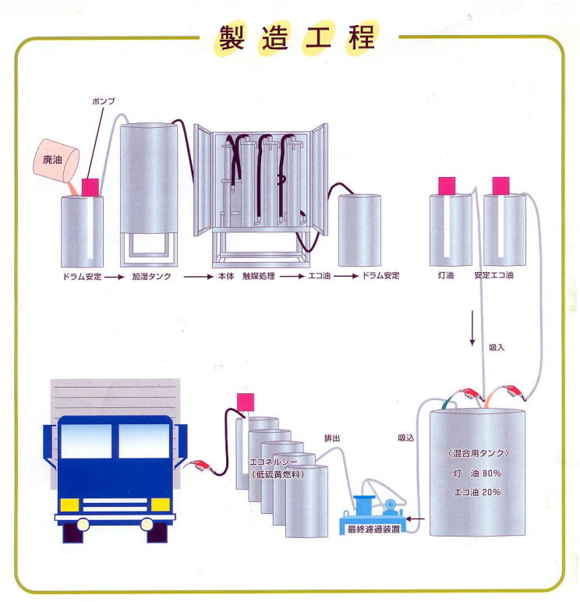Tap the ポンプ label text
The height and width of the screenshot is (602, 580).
[x=103, y=101]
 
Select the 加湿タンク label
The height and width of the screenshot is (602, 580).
[x=151, y=276]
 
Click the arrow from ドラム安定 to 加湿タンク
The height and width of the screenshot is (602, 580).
[x=115, y=277]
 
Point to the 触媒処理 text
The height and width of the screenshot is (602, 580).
[x=258, y=276]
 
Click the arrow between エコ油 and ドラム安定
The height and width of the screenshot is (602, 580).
[x=345, y=276]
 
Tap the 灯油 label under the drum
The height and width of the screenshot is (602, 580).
[x=446, y=275]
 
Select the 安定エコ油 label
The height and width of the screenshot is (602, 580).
[x=493, y=275]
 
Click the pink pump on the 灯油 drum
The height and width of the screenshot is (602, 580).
[x=447, y=186]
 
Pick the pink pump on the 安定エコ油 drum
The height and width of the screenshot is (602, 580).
[x=500, y=186]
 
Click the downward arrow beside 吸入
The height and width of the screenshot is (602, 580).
[x=472, y=328]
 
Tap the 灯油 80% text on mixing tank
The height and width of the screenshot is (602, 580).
[x=477, y=473]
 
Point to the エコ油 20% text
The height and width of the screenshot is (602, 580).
[x=477, y=492]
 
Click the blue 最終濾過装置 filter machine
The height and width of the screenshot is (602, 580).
[x=373, y=515]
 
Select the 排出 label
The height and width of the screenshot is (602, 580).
[x=331, y=438]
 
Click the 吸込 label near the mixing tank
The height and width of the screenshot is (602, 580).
[x=405, y=437]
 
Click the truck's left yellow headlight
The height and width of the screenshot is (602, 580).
[x=69, y=505]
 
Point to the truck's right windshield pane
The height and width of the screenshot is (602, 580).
[x=144, y=441]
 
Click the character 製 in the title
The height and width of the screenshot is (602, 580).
[x=232, y=38]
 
